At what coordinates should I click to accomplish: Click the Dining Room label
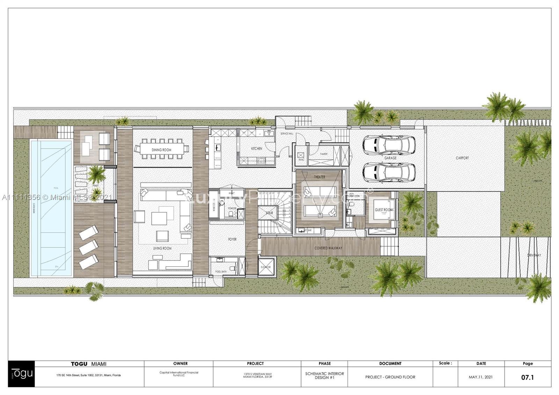pyautogui.click(x=161, y=150)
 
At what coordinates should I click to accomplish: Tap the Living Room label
pyautogui.click(x=162, y=248)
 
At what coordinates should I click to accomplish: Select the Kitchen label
pyautogui.click(x=256, y=149)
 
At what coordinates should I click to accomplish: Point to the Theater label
pyautogui.click(x=319, y=177)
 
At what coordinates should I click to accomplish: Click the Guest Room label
pyautogui.click(x=384, y=210)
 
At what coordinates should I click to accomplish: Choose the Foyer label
pyautogui.click(x=232, y=239)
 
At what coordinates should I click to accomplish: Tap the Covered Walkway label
pyautogui.click(x=328, y=248)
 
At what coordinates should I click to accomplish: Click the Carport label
pyautogui.click(x=462, y=158)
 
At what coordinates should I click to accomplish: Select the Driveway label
pyautogui.click(x=534, y=256)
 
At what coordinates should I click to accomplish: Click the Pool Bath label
pyautogui.click(x=221, y=272)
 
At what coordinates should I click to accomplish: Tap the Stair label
pyautogui.click(x=269, y=213)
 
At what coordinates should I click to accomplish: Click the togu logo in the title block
pyautogui.click(x=22, y=373)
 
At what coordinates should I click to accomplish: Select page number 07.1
pyautogui.click(x=528, y=377)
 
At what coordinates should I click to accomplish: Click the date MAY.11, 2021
pyautogui.click(x=481, y=377)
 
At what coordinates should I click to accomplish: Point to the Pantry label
pyautogui.click(x=324, y=154)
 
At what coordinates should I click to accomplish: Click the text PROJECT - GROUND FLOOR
pyautogui.click(x=390, y=377)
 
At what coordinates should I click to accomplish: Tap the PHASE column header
pyautogui.click(x=325, y=364)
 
